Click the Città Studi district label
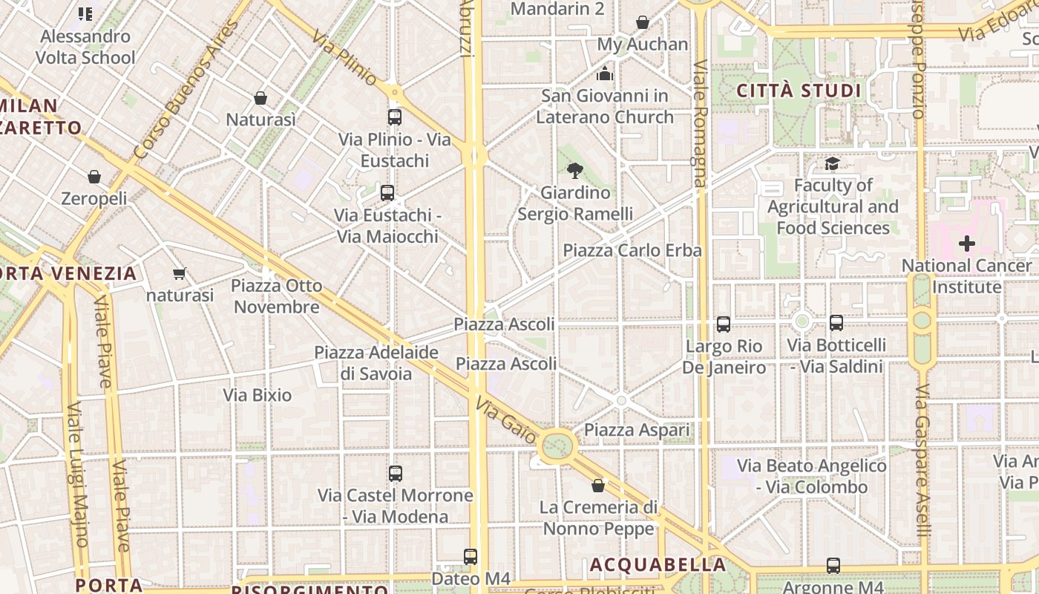tap(799, 91)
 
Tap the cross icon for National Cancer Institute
tap(966, 244)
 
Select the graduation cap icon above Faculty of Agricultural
tap(832, 163)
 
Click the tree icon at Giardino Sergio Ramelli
tap(574, 171)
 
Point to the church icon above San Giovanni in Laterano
tap(605, 74)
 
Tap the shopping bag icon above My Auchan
tap(643, 23)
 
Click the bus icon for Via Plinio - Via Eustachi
tap(394, 117)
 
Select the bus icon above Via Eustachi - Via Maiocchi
tap(387, 193)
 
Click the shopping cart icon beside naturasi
tap(179, 274)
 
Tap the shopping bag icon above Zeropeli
tap(94, 177)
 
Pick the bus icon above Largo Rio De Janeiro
tap(723, 324)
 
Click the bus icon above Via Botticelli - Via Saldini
tap(836, 323)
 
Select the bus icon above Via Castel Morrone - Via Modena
tap(395, 474)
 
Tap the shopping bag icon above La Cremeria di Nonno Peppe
tap(598, 486)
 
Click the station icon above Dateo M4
tap(470, 557)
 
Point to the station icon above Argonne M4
tap(833, 566)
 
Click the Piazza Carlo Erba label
tap(632, 251)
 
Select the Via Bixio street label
tap(258, 395)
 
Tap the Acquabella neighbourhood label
tap(658, 565)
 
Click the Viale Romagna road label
tap(700, 123)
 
